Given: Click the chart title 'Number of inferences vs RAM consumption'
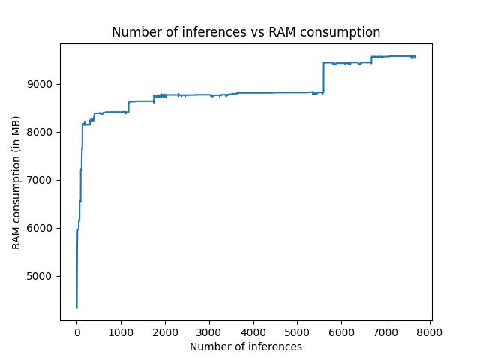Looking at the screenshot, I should pyautogui.click(x=246, y=32).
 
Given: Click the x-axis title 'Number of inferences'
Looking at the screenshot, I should pyautogui.click(x=246, y=346).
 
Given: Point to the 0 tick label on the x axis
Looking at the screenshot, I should pyautogui.click(x=76, y=331).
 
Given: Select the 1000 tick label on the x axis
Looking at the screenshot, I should pyautogui.click(x=121, y=331).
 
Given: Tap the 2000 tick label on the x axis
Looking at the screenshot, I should pyautogui.click(x=165, y=331).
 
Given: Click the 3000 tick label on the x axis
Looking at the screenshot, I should pyautogui.click(x=209, y=331).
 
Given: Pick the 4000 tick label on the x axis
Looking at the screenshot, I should pyautogui.click(x=253, y=331).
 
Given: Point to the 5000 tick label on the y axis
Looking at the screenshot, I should pyautogui.click(x=43, y=276).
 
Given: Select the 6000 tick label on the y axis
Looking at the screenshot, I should pyautogui.click(x=43, y=228).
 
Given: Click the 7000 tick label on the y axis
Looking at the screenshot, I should pyautogui.click(x=43, y=180).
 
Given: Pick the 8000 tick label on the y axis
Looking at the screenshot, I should pyautogui.click(x=43, y=132).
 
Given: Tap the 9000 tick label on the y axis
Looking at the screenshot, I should pyautogui.click(x=43, y=84).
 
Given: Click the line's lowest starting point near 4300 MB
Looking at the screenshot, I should pyautogui.click(x=76, y=307).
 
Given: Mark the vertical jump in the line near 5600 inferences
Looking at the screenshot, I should pyautogui.click(x=323, y=77).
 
